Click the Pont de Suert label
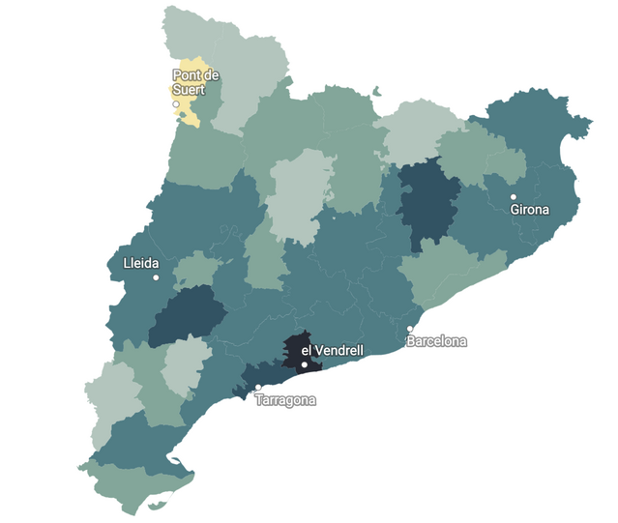(196, 81)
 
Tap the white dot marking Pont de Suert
(176, 103)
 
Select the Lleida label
(141, 263)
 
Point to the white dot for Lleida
(156, 277)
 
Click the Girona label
(529, 209)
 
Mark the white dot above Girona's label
(514, 196)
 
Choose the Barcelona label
(436, 341)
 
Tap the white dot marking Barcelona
(410, 330)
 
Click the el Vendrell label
(332, 350)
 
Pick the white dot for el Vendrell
(304, 364)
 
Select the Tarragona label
(285, 400)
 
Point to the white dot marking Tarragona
(257, 389)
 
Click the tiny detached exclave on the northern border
(375, 94)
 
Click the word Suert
(190, 89)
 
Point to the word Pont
(187, 74)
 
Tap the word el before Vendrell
(307, 350)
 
